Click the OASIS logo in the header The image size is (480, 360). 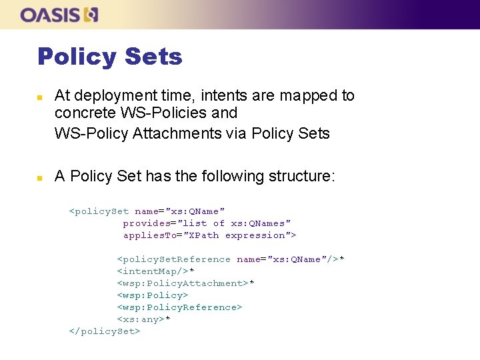point(59,15)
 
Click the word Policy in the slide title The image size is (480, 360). point(75,57)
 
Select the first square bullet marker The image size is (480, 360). point(40,97)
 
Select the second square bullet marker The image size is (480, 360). point(40,178)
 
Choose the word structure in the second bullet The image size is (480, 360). point(299,177)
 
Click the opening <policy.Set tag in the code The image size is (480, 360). point(99,211)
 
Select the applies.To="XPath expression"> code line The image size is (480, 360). point(209,235)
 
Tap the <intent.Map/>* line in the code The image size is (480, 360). point(155,271)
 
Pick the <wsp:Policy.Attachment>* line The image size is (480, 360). point(185,283)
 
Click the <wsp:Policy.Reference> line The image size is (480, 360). point(179,307)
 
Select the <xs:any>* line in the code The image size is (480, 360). point(143,319)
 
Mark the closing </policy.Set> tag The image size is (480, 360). point(105,331)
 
